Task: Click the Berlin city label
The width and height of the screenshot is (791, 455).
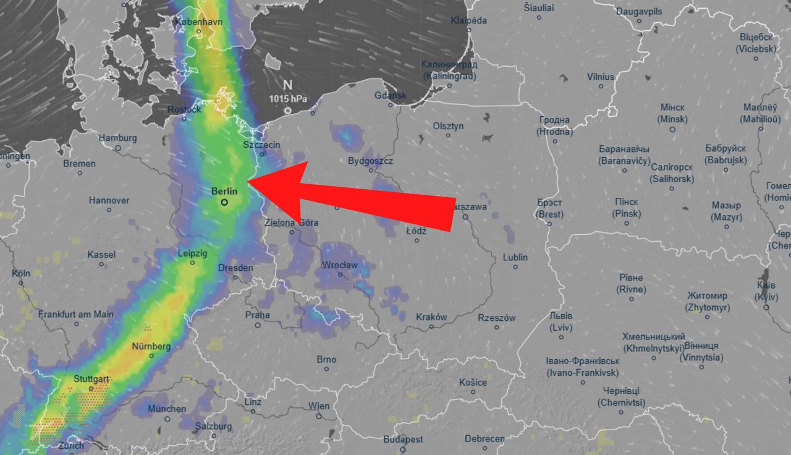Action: click(x=224, y=192)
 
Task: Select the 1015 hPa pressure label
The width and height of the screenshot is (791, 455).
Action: click(x=287, y=99)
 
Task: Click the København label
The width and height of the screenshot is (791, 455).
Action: click(x=198, y=21)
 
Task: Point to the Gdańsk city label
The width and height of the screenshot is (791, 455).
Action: click(x=391, y=95)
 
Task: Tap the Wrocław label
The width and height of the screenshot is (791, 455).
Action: click(x=340, y=265)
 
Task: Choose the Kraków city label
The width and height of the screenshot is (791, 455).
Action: click(x=431, y=317)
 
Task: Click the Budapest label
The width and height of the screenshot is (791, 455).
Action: click(x=403, y=439)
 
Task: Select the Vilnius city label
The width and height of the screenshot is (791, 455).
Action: click(x=601, y=77)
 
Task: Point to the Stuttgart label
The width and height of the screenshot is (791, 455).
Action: click(x=91, y=378)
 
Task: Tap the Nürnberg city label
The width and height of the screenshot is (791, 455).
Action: click(x=151, y=346)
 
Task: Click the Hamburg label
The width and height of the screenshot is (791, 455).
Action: click(x=117, y=138)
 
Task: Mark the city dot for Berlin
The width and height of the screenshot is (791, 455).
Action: click(x=224, y=202)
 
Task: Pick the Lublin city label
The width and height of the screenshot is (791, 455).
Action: click(x=515, y=257)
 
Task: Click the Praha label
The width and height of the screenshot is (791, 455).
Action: click(x=258, y=315)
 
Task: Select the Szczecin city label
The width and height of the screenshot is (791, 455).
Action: click(x=262, y=145)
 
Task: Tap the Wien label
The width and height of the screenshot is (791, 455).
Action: click(x=319, y=406)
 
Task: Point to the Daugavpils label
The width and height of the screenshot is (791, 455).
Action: click(x=639, y=12)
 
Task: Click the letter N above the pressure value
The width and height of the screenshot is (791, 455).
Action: click(x=287, y=85)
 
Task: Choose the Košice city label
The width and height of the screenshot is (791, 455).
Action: click(x=473, y=382)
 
